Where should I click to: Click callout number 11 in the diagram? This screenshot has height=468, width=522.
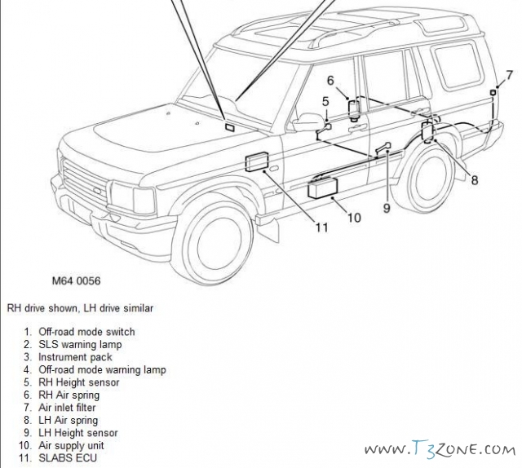pos(321,227)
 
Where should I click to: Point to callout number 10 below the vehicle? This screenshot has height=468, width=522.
pos(353,218)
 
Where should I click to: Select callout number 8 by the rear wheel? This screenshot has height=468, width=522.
pos(474,179)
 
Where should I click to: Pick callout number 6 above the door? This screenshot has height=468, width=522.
pos(331,80)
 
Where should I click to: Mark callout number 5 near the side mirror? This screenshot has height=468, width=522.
pos(325,101)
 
